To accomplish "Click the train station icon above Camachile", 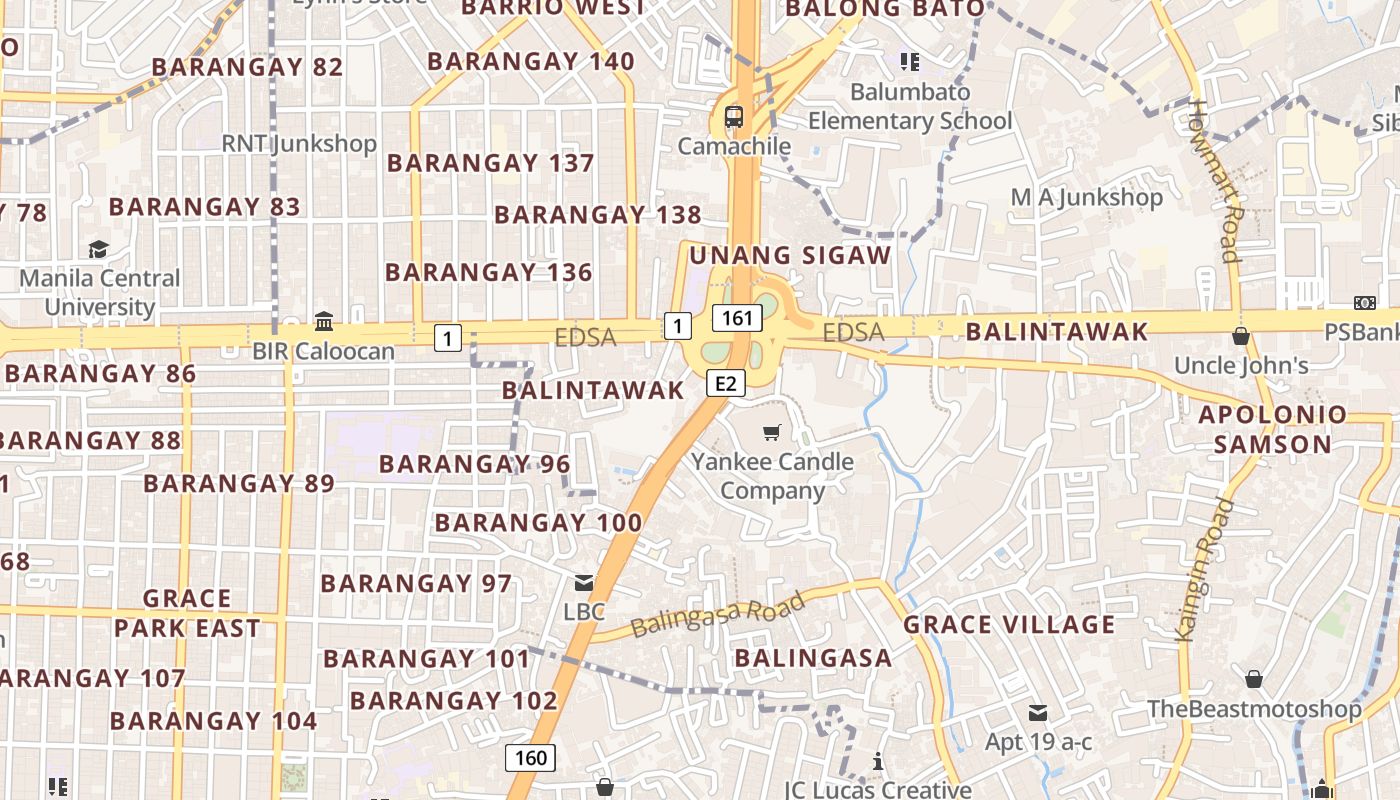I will pyautogui.click(x=734, y=116).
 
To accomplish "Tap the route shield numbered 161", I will pyautogui.click(x=737, y=318).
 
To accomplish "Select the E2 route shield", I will pyautogui.click(x=726, y=382).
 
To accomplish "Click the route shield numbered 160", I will pyautogui.click(x=530, y=757).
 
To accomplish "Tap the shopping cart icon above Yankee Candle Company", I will pyautogui.click(x=771, y=432).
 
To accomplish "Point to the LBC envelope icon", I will pyautogui.click(x=584, y=583).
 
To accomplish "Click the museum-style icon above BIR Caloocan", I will pyautogui.click(x=324, y=322).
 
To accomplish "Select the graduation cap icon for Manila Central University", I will pyautogui.click(x=98, y=249).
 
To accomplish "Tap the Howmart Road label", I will pyautogui.click(x=1215, y=180).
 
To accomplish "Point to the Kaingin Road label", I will pyautogui.click(x=1203, y=568).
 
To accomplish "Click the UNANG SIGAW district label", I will pyautogui.click(x=790, y=255).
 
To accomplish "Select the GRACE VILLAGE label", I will pyautogui.click(x=1008, y=625).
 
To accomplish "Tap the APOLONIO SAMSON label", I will pyautogui.click(x=1272, y=429).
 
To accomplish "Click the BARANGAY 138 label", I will pyautogui.click(x=597, y=215).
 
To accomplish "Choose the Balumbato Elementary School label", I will pyautogui.click(x=910, y=106).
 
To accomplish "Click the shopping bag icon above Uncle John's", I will pyautogui.click(x=1241, y=336).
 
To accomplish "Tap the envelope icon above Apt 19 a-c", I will pyautogui.click(x=1038, y=713).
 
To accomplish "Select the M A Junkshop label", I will pyautogui.click(x=1086, y=197).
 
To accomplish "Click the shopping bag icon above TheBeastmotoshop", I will pyautogui.click(x=1254, y=679).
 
